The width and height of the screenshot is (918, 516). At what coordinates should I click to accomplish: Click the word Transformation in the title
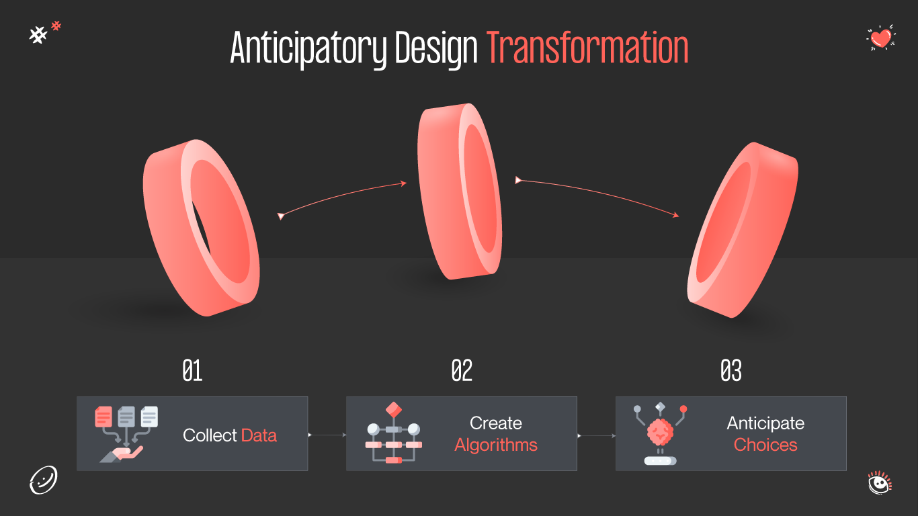tap(587, 48)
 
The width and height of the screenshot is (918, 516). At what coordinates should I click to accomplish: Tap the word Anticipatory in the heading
tap(308, 48)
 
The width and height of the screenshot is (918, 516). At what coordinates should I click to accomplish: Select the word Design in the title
tap(435, 48)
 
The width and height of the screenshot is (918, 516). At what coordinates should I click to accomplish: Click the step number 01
tap(193, 371)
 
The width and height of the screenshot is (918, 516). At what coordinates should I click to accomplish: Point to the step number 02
tap(462, 371)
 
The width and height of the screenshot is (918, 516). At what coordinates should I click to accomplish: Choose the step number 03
tap(731, 371)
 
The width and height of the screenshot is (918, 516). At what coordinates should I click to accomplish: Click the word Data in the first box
tap(259, 435)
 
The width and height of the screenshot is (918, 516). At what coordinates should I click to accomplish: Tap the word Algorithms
tap(496, 445)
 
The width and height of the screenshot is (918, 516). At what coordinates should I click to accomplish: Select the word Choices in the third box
tap(765, 445)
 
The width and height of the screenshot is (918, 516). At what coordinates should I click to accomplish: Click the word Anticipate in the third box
tap(765, 423)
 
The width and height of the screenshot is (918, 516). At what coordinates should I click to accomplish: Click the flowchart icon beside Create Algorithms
tap(393, 433)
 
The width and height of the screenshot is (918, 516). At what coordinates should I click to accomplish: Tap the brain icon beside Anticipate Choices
tap(660, 433)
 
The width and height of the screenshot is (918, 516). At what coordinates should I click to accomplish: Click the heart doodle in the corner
tap(880, 38)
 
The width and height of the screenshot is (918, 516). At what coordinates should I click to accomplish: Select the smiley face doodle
tap(44, 480)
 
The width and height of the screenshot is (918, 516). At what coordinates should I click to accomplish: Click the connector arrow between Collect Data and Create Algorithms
tap(327, 435)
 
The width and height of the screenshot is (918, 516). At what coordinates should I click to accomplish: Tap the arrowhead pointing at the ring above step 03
tap(675, 216)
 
